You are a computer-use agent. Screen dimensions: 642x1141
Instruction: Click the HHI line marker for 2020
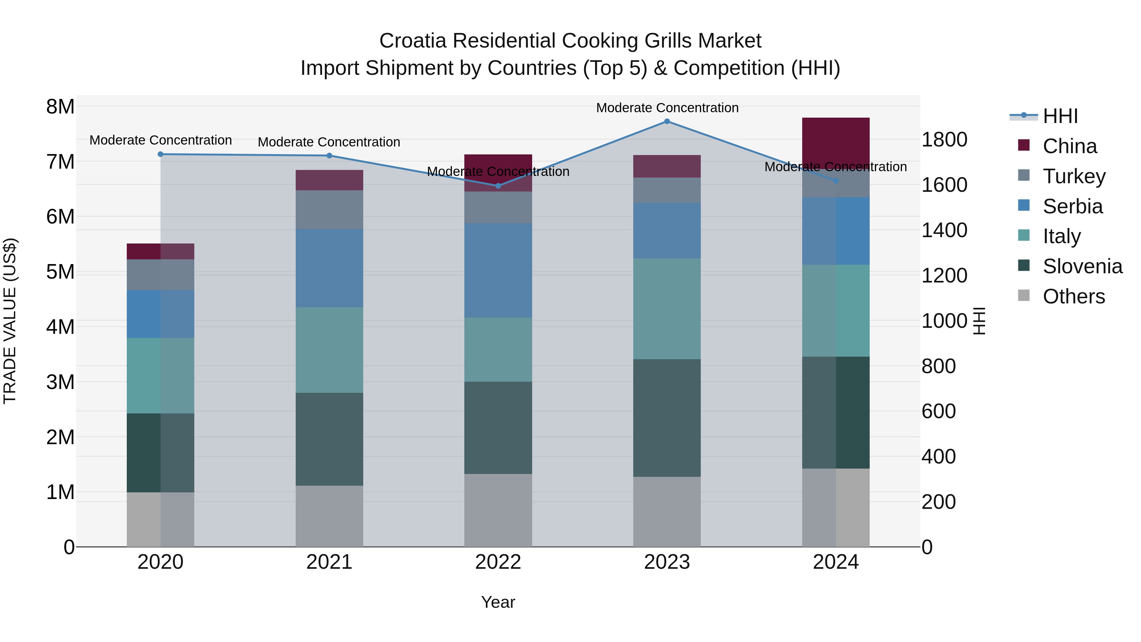click(160, 154)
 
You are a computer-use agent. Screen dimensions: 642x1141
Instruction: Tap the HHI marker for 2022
click(498, 186)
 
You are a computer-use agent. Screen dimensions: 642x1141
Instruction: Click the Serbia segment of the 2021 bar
click(329, 268)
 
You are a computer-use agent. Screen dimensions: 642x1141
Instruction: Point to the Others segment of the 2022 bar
click(498, 510)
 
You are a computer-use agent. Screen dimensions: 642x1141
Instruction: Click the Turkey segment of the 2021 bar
click(329, 209)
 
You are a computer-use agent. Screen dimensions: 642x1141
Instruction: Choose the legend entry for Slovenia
click(1082, 266)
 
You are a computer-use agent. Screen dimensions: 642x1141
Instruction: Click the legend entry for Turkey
click(1074, 176)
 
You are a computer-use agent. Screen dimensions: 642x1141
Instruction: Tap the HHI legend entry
click(1060, 116)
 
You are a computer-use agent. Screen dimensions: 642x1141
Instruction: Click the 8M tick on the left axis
click(60, 107)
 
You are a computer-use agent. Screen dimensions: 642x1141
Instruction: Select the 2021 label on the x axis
click(329, 562)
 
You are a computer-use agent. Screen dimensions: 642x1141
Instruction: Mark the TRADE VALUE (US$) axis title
click(10, 321)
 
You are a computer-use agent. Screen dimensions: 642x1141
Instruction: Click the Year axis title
click(498, 602)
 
